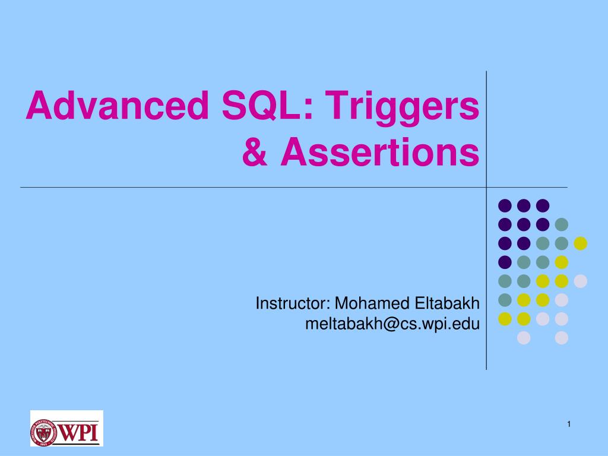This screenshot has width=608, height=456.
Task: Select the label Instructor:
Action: point(293,304)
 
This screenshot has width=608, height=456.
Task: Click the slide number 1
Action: point(568,423)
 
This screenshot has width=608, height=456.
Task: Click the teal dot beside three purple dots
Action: point(561,224)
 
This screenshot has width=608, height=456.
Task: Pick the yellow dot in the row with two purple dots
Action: point(580,243)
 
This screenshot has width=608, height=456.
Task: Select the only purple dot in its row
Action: point(505,262)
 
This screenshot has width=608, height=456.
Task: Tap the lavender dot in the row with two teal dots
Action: point(580,281)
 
